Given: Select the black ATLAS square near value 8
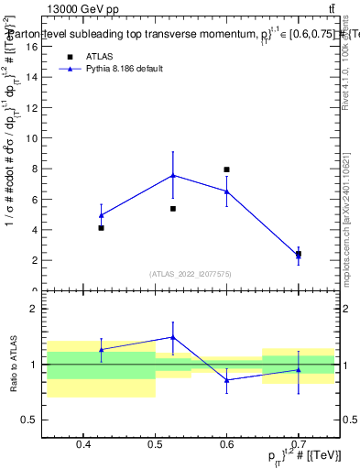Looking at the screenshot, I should [226, 169].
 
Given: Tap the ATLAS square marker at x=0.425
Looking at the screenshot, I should [101, 227].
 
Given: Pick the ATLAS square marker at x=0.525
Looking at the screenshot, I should [172, 209].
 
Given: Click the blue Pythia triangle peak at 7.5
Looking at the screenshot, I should [172, 175].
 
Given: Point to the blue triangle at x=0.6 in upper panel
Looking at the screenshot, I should [226, 191].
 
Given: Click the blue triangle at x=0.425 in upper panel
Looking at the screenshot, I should [101, 215].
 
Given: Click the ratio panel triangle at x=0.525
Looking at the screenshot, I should [172, 337].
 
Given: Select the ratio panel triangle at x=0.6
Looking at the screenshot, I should [226, 379].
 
